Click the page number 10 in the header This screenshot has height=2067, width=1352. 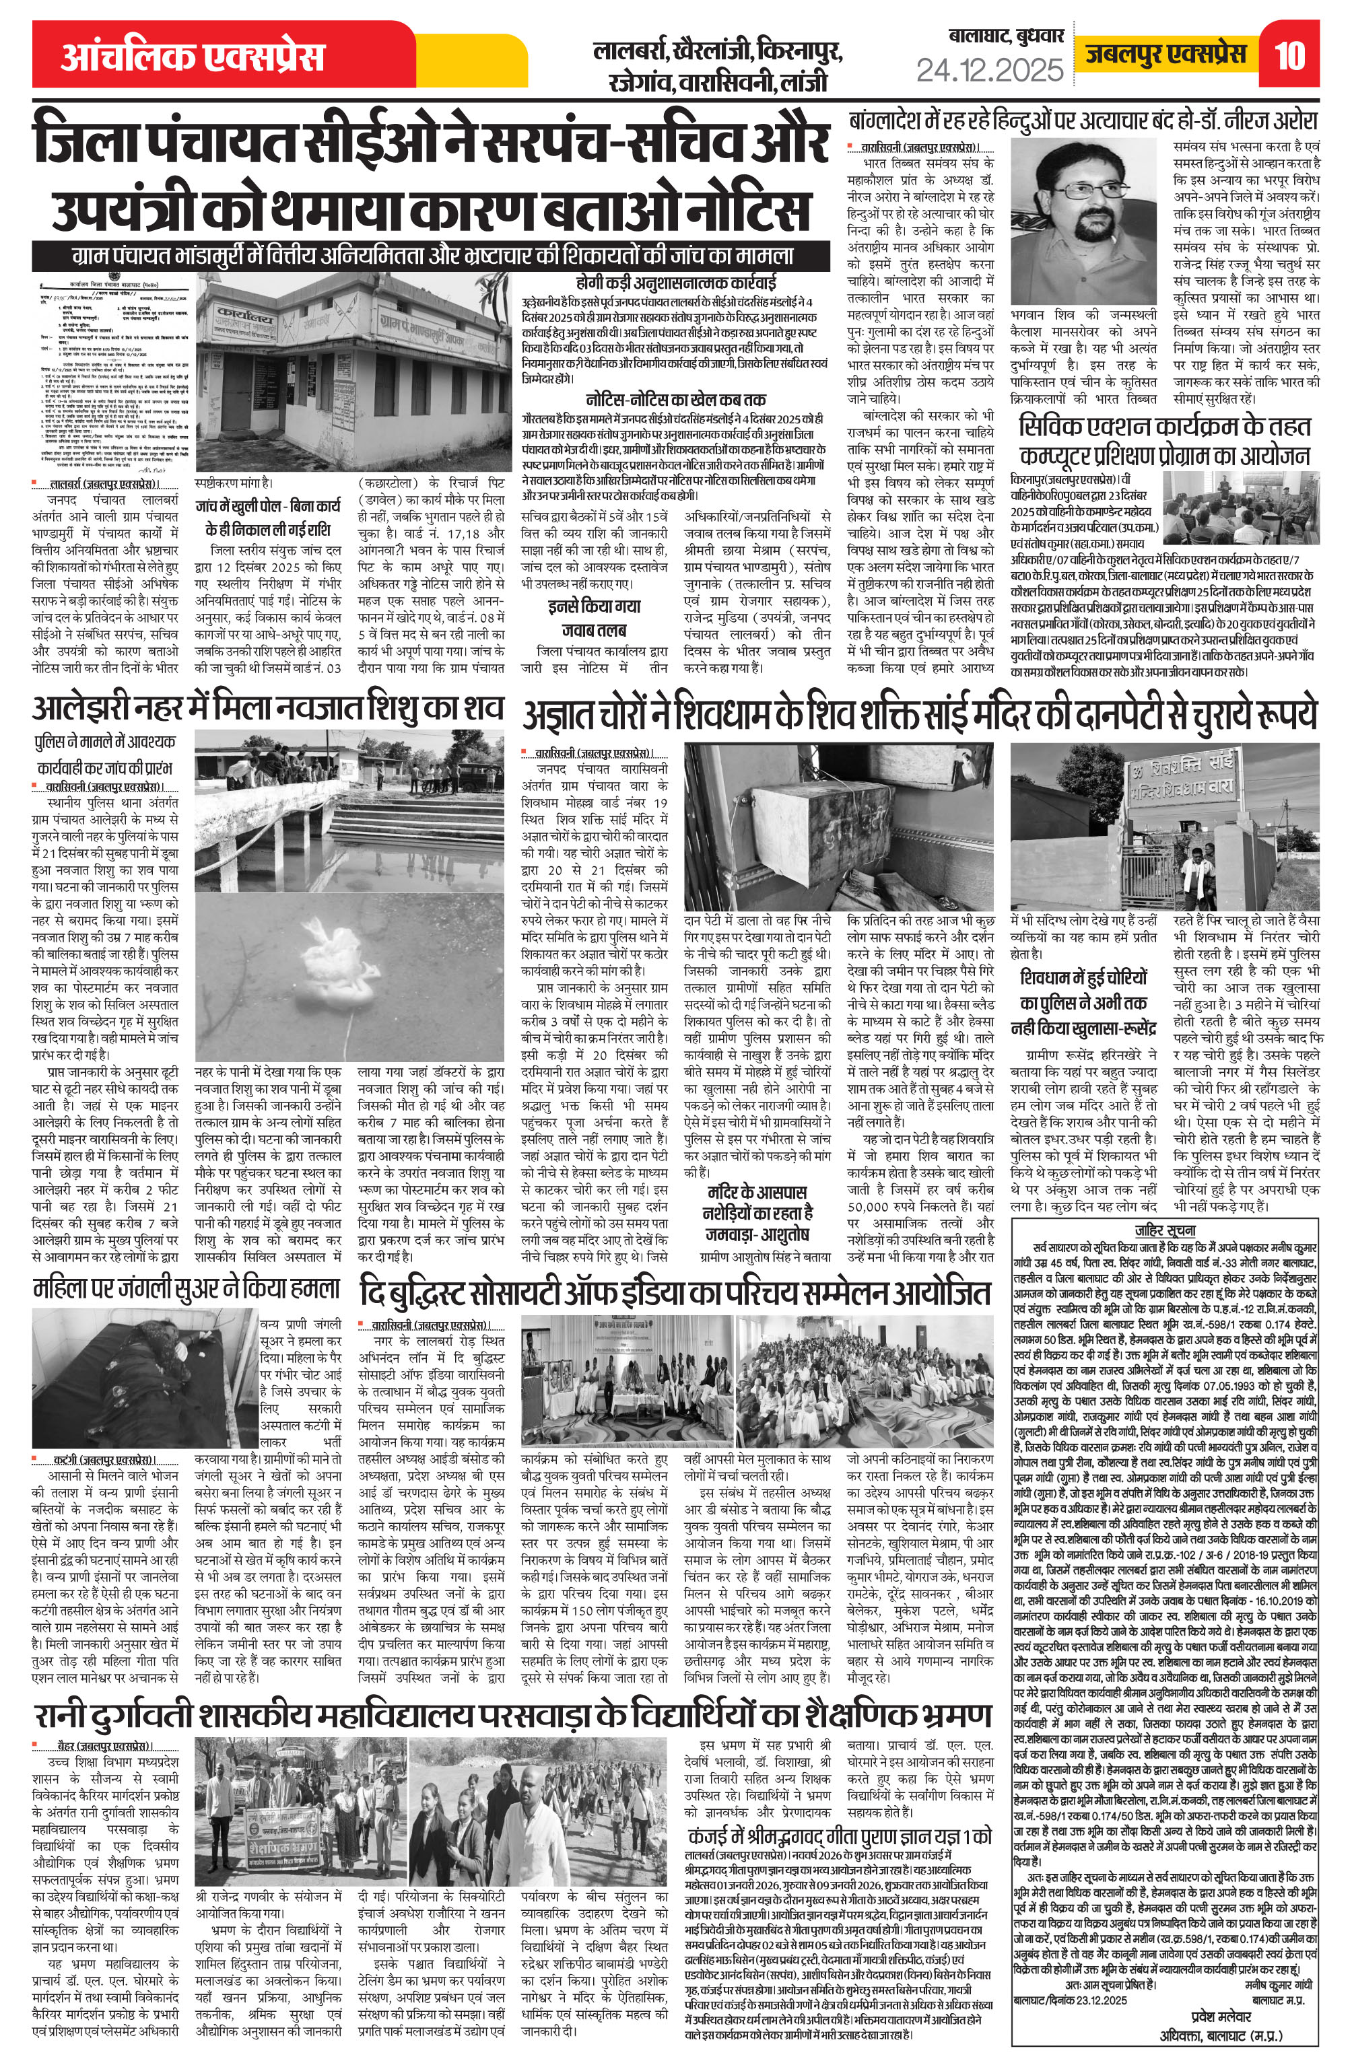(x=1291, y=57)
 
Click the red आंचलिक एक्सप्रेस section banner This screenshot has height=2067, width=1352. (x=193, y=57)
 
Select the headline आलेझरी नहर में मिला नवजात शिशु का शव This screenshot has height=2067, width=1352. (x=267, y=709)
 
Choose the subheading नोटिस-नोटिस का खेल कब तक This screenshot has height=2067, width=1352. (x=674, y=400)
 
